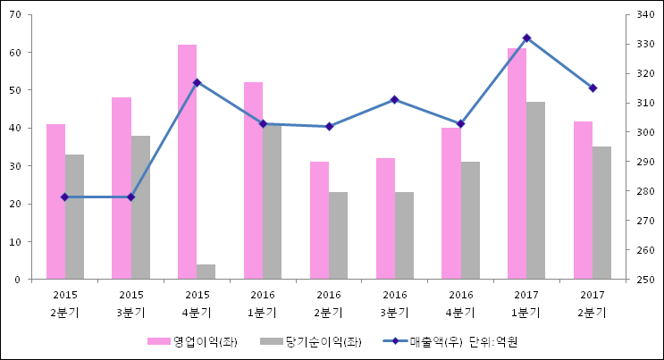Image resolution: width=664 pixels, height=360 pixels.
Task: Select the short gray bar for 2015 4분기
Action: pos(206,272)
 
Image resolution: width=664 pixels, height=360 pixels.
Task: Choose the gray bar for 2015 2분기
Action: pos(74,217)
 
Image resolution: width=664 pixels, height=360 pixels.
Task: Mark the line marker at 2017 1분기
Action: pos(526,38)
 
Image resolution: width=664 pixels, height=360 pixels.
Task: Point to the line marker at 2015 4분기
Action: pos(197,82)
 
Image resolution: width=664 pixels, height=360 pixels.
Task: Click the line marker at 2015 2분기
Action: pos(64,197)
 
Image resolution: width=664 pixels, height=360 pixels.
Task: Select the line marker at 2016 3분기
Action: pos(394,99)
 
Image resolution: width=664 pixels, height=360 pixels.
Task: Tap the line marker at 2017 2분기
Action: pos(592,88)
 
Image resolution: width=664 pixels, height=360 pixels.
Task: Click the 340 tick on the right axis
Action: pos(646,14)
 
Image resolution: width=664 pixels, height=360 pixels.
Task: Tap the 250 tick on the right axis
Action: pos(646,280)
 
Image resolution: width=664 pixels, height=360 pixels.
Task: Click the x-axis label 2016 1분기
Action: pos(263,304)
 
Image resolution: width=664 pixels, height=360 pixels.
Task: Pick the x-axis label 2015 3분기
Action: pos(130,304)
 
